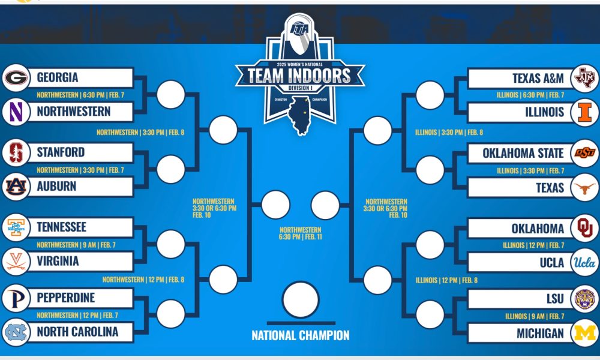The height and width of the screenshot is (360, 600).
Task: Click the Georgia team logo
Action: tap(16, 78)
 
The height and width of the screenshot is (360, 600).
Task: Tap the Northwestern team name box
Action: tap(82, 112)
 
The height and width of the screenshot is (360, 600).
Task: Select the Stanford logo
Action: tap(16, 152)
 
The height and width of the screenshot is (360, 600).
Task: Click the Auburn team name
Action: tap(56, 187)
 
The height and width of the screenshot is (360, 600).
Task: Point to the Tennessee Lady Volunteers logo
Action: tap(16, 227)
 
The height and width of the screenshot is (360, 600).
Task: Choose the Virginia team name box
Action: tap(82, 262)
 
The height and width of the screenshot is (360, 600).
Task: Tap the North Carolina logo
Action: tap(16, 332)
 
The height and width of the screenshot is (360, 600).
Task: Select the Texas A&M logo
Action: tap(584, 78)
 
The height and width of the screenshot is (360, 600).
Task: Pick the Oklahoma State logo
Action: tap(584, 153)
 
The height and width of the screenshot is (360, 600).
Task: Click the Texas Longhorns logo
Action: tap(584, 188)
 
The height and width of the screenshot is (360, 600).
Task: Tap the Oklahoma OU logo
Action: tap(584, 229)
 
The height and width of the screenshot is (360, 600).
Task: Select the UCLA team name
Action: tap(551, 263)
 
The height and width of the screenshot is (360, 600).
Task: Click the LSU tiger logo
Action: tap(584, 299)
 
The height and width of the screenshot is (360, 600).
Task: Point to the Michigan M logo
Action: tap(584, 333)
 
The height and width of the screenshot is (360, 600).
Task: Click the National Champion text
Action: tap(300, 335)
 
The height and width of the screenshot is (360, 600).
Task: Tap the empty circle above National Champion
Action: tap(300, 299)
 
